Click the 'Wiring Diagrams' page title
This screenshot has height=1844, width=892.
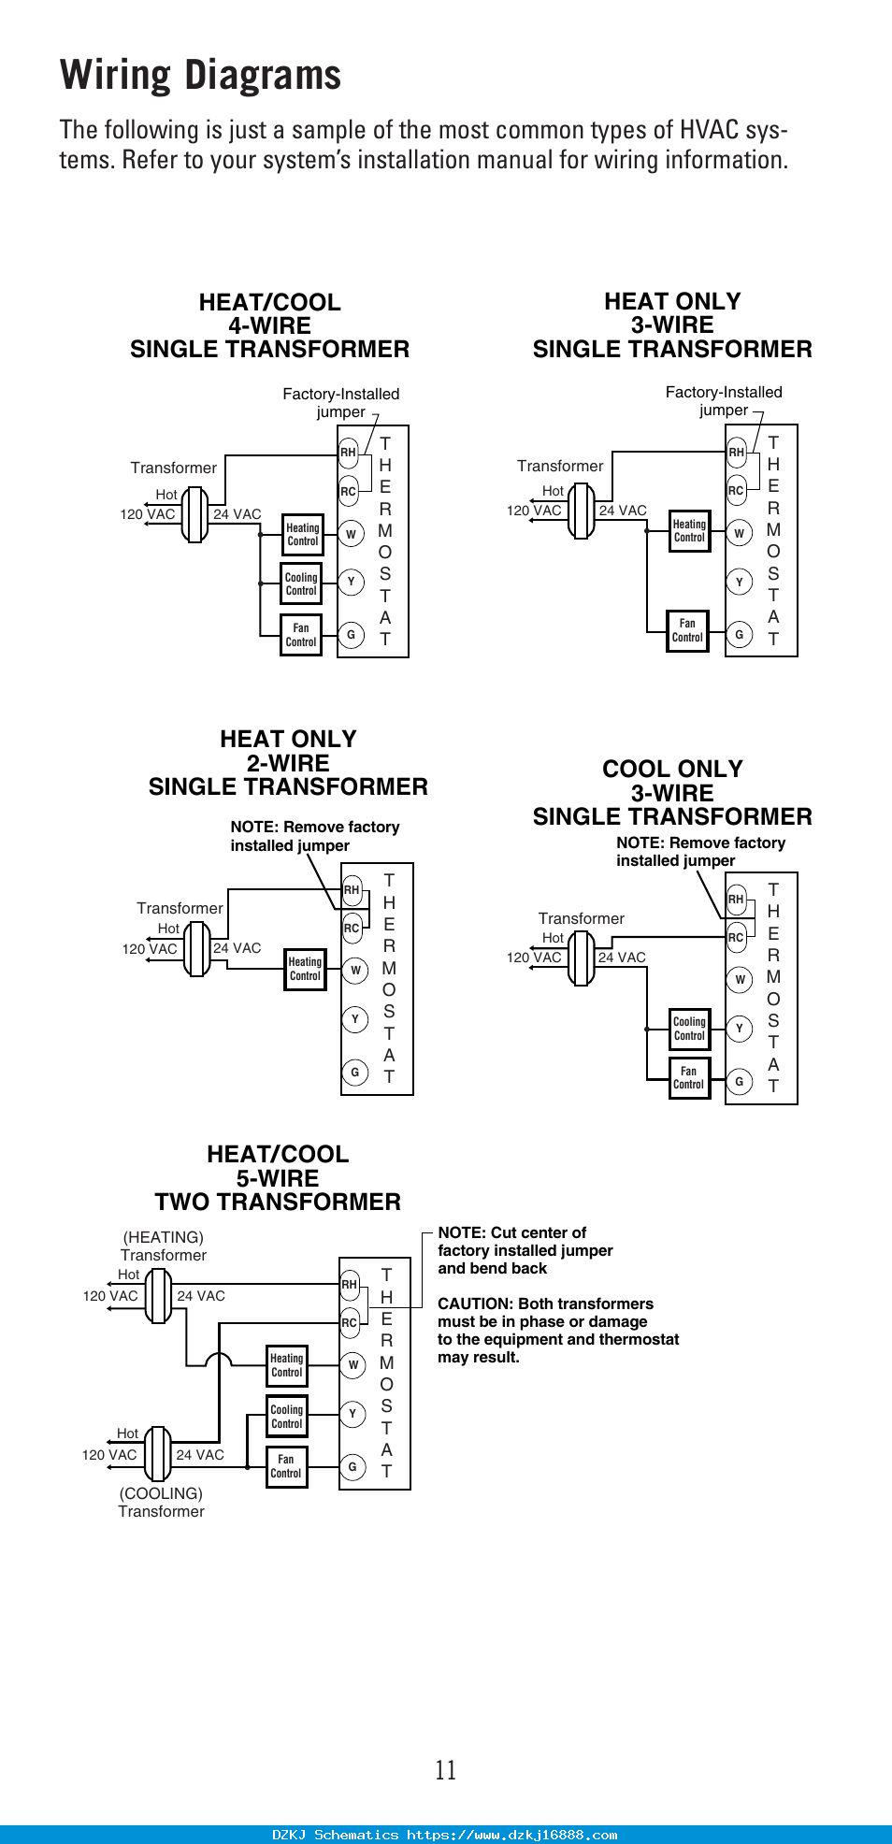201,76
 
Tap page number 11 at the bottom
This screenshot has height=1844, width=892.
446,1769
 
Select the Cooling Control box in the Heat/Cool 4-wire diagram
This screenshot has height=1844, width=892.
301,584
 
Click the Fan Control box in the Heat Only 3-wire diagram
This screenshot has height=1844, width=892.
687,630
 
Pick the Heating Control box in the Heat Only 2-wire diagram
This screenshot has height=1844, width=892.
305,969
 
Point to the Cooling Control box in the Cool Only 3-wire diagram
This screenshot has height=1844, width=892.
689,1029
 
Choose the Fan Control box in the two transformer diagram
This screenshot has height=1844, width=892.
286,1466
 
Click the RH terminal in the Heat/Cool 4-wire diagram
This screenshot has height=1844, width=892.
348,453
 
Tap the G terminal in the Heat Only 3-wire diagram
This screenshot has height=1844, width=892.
739,635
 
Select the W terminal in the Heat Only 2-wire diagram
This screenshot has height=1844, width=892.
355,971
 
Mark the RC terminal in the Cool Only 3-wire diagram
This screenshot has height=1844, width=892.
736,938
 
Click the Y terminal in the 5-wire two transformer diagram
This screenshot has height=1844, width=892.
352,1414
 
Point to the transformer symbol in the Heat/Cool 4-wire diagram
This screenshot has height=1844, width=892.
194,513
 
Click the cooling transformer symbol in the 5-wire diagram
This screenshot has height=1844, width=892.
157,1454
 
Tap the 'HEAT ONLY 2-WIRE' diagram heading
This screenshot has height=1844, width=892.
288,763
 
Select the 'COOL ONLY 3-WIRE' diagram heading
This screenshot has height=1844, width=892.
672,793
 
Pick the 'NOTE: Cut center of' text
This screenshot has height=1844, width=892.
512,1232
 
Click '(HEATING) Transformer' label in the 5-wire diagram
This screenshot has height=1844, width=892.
164,1246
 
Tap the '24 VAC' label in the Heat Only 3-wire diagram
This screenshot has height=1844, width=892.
623,511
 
